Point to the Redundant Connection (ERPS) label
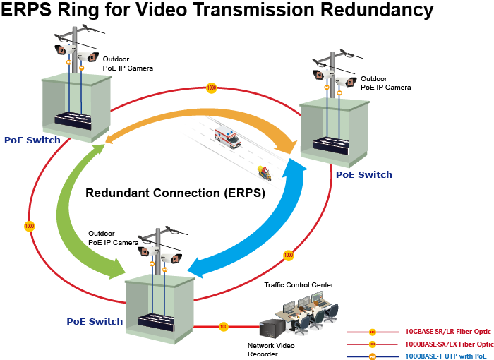coord(174,192)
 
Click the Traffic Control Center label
coord(298,284)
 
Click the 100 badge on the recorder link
coord(223,326)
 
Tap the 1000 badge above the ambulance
coord(211,88)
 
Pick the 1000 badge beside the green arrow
coord(29,226)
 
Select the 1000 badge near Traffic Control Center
coord(288,254)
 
